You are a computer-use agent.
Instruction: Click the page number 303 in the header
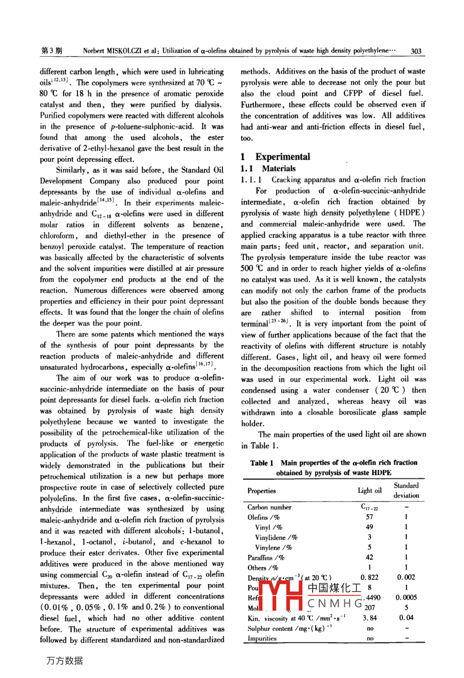(x=416, y=51)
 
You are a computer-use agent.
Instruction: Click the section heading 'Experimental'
(x=282, y=157)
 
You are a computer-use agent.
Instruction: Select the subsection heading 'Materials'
(x=279, y=168)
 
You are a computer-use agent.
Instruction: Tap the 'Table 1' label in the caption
(x=262, y=463)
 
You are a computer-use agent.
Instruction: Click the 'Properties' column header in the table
(x=261, y=491)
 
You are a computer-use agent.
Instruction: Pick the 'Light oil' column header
(x=370, y=491)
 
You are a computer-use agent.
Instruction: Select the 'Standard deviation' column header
(x=406, y=491)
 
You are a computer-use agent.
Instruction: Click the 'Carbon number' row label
(x=269, y=507)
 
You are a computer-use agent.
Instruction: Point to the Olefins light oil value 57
(x=370, y=517)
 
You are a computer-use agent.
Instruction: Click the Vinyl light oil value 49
(x=370, y=527)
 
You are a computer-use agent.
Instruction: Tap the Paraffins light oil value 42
(x=370, y=557)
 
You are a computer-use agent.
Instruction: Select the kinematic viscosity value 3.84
(x=370, y=618)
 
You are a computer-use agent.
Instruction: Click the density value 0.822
(x=370, y=577)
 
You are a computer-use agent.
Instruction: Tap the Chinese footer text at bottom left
(x=64, y=661)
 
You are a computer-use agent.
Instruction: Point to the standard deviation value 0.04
(x=406, y=618)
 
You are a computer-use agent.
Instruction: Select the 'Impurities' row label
(x=262, y=638)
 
